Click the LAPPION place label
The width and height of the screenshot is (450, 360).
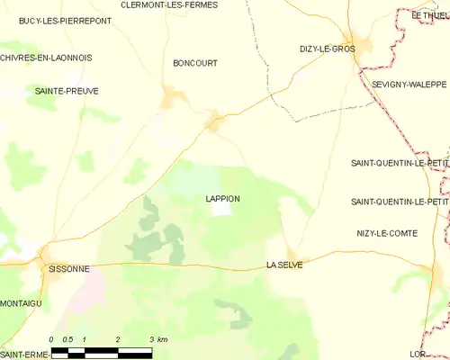[x=222, y=198]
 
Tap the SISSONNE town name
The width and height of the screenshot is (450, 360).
[x=67, y=267]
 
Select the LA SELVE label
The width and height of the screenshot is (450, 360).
[x=284, y=265]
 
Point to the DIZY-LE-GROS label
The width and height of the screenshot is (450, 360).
[x=328, y=49]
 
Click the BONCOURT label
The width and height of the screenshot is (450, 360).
[x=195, y=64]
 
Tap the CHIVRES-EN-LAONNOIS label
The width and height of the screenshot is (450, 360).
[x=46, y=58]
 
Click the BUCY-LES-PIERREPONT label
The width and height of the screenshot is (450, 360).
[x=58, y=20]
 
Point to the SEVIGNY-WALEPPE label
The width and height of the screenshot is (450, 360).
[x=409, y=84]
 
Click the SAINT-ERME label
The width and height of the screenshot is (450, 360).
[x=24, y=355]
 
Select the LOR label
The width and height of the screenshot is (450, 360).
[x=440, y=355]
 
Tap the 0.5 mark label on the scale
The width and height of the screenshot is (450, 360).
[x=67, y=339]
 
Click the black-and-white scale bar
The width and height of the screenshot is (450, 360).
[x=101, y=351]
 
